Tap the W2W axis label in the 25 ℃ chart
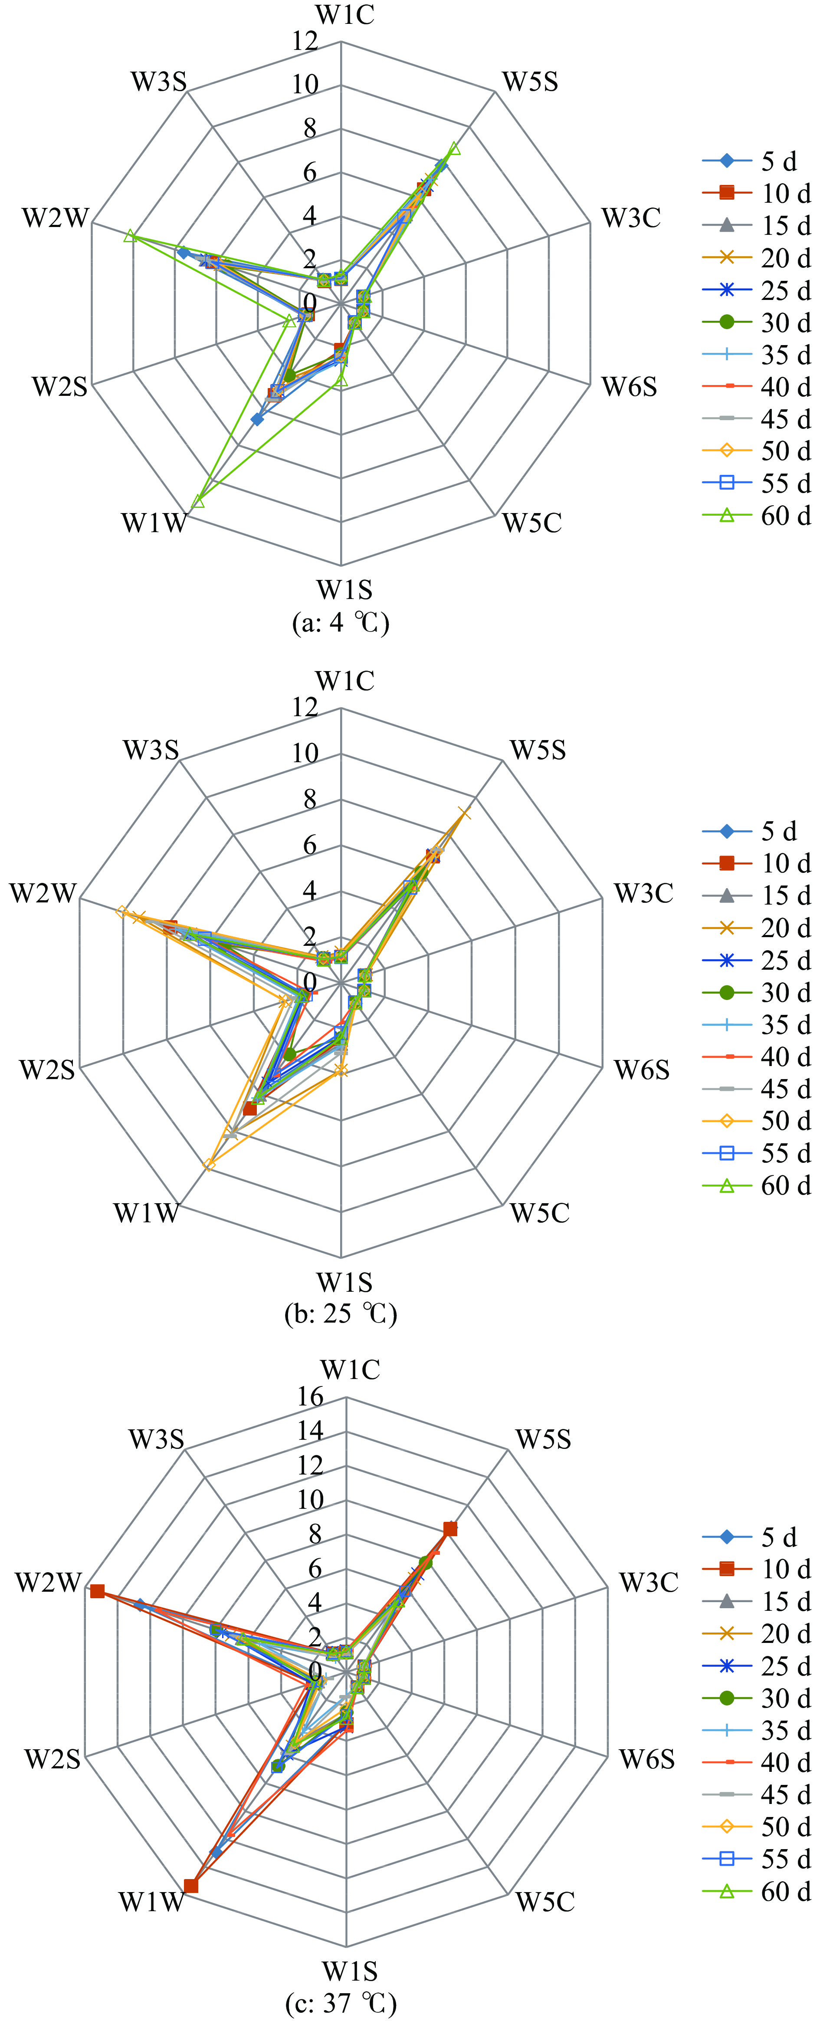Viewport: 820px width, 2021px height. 43,893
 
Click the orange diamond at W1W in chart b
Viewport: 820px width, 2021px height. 209,1164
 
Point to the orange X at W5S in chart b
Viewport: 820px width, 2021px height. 464,813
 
